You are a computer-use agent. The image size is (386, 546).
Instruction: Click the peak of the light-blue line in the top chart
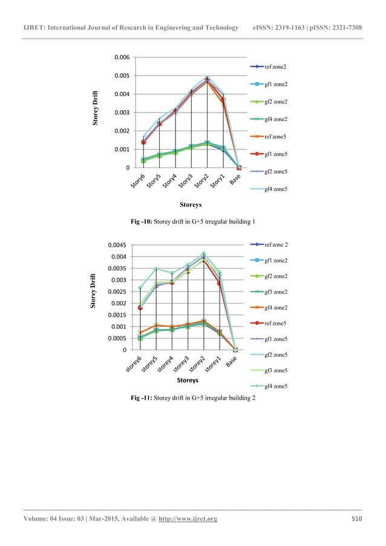pyautogui.click(x=207, y=77)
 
